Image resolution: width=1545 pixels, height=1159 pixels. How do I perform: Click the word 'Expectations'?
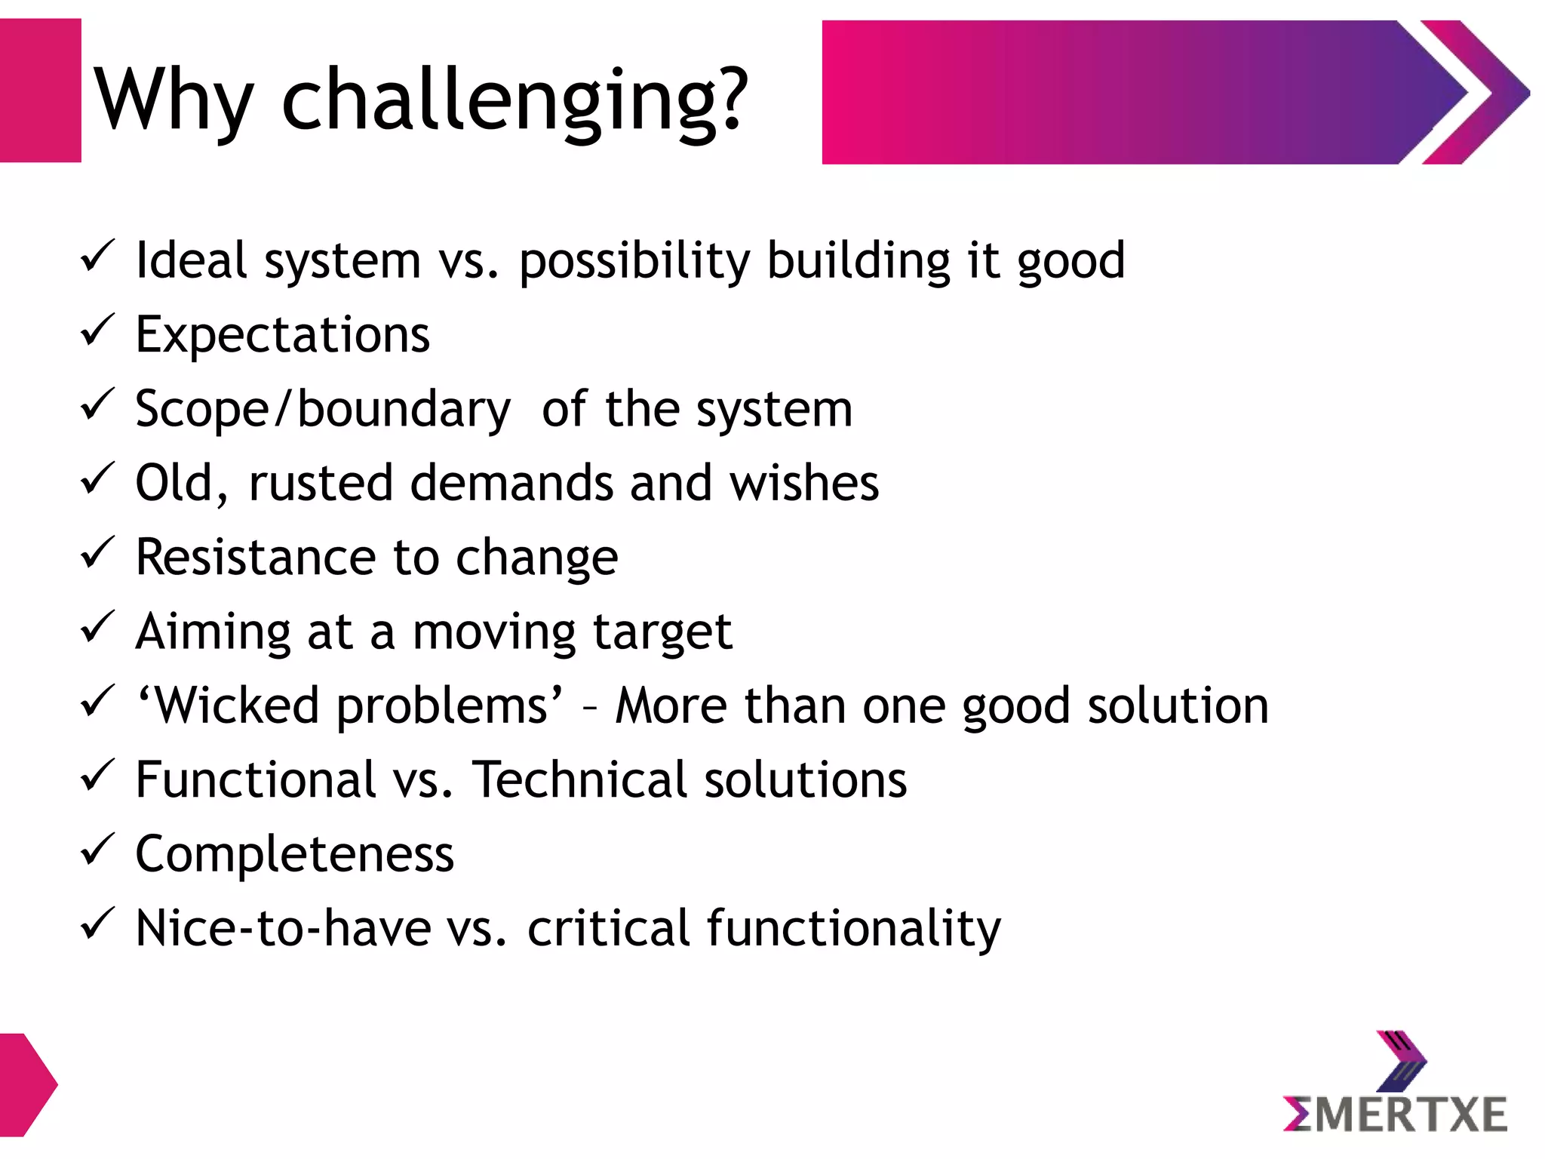point(282,334)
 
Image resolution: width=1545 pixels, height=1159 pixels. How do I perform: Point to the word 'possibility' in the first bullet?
point(634,261)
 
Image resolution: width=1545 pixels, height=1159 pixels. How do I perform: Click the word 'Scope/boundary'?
point(323,410)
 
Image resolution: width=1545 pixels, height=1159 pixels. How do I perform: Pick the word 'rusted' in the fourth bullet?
point(321,483)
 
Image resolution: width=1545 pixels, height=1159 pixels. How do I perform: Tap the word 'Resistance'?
point(256,557)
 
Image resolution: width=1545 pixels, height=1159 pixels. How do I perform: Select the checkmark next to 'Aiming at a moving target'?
point(97,627)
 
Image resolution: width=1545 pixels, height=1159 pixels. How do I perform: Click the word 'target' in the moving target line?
point(662,632)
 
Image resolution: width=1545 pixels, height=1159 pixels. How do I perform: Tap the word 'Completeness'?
point(294,854)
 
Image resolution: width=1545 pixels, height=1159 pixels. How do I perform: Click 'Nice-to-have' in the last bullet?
point(283,928)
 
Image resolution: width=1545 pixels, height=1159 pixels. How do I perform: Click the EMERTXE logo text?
point(1395,1115)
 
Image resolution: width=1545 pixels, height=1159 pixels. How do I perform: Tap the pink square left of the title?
point(39,91)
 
